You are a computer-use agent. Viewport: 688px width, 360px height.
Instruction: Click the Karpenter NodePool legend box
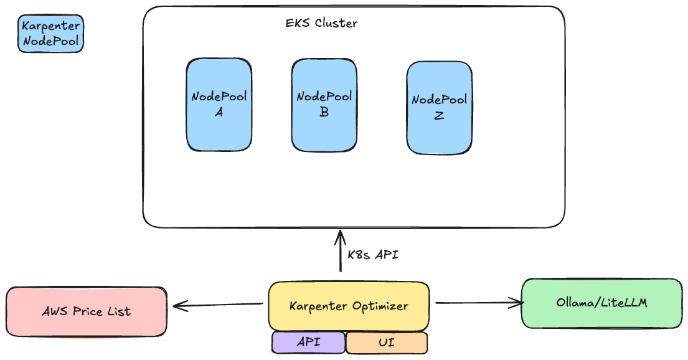point(50,34)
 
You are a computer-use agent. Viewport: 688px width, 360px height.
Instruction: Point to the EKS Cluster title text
point(321,24)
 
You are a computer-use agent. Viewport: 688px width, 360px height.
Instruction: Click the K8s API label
point(373,255)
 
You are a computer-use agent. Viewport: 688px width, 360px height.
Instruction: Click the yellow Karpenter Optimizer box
point(349,306)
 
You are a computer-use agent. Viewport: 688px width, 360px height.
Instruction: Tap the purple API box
point(308,343)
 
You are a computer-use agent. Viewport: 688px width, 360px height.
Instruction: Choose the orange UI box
point(386,343)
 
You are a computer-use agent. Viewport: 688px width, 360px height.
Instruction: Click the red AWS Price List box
point(87,311)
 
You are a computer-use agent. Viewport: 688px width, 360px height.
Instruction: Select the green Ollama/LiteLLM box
point(601,303)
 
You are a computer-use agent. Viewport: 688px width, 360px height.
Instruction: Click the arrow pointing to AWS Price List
point(218,305)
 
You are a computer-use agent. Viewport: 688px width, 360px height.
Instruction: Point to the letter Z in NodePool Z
point(439,115)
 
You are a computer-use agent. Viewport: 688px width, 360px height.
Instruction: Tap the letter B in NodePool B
point(324,113)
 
